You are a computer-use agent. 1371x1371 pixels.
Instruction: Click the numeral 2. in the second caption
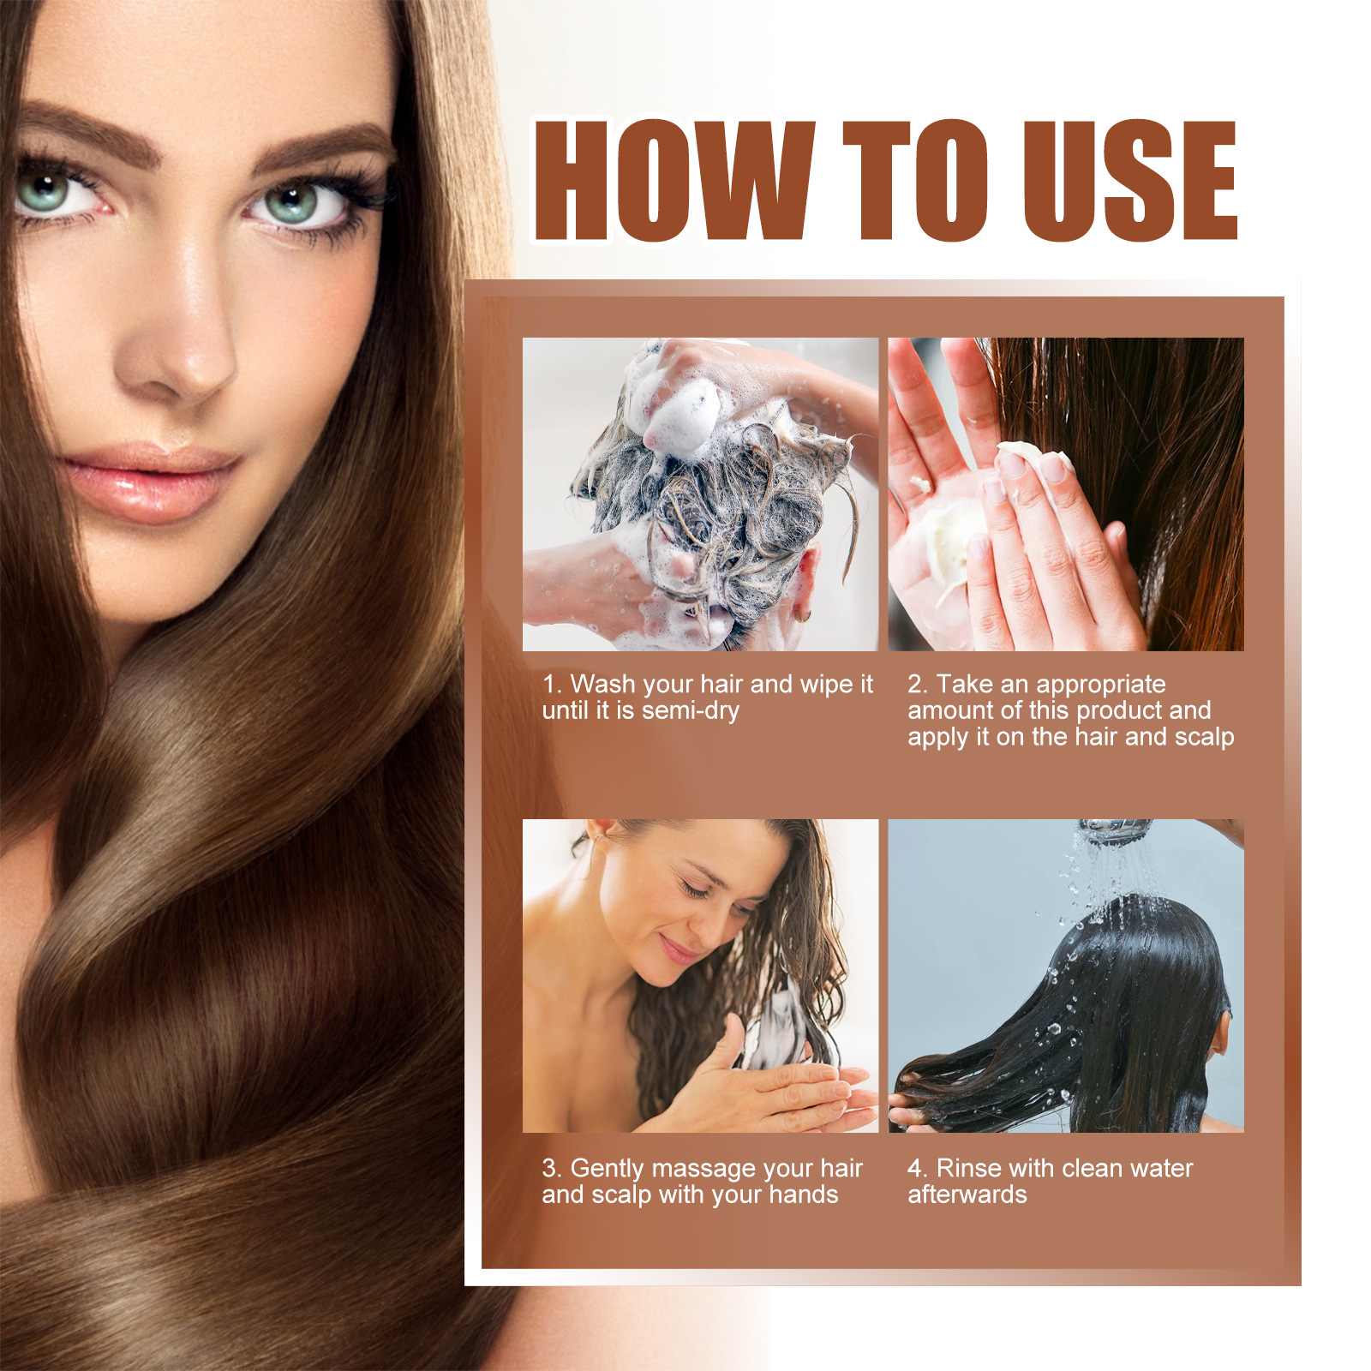pos(917,685)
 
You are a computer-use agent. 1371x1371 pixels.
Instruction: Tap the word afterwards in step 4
pos(967,1195)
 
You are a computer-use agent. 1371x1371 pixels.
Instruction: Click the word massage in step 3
pos(695,1169)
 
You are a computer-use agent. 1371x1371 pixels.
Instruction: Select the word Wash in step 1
pos(602,685)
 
